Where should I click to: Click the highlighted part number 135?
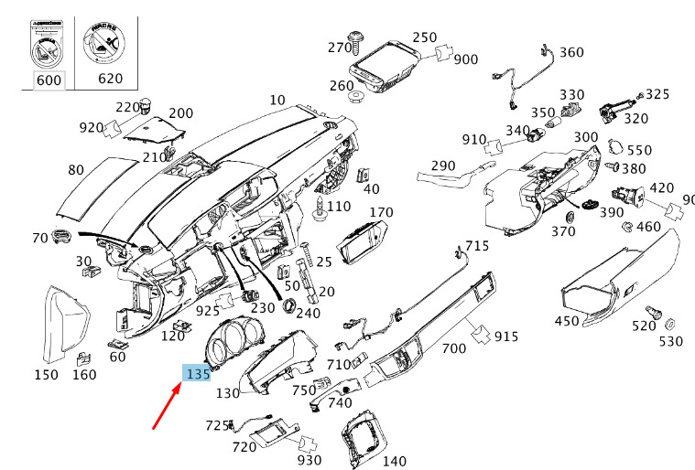point(198,373)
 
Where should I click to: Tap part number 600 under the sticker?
point(48,79)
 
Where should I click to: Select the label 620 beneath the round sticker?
point(110,79)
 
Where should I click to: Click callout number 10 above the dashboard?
point(277,100)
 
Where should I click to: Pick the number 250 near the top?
point(424,37)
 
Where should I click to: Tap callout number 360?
point(570,52)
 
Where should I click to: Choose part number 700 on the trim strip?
point(454,348)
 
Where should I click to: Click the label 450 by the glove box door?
point(567,321)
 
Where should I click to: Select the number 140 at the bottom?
point(394,461)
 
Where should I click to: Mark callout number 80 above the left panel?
point(76,169)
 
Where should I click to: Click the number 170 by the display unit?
point(381,212)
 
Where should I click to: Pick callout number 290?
point(443,166)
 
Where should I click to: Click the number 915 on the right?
point(506,336)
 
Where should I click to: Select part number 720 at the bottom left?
point(244,447)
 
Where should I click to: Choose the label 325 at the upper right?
point(657,94)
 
